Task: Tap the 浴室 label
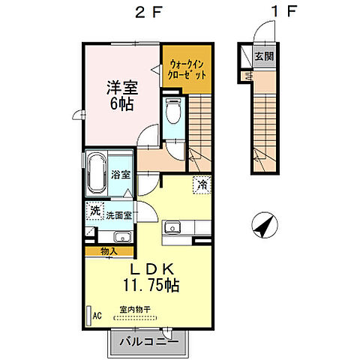121,175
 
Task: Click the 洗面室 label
118,216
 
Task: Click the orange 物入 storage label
108,251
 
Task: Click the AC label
96,316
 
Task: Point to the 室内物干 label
133,309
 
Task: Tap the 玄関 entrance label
262,55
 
